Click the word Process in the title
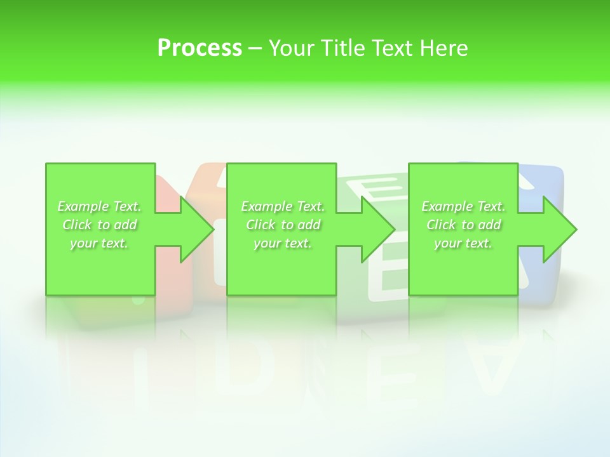[200, 48]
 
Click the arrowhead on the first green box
[196, 229]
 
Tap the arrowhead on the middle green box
[377, 229]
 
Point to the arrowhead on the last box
[559, 229]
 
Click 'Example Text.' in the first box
[99, 206]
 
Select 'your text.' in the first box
[99, 243]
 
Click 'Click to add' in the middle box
[283, 225]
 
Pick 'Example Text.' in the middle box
[283, 206]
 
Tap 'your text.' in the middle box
[283, 243]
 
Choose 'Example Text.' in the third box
[463, 206]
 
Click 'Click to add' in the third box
[463, 225]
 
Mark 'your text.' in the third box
[463, 243]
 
